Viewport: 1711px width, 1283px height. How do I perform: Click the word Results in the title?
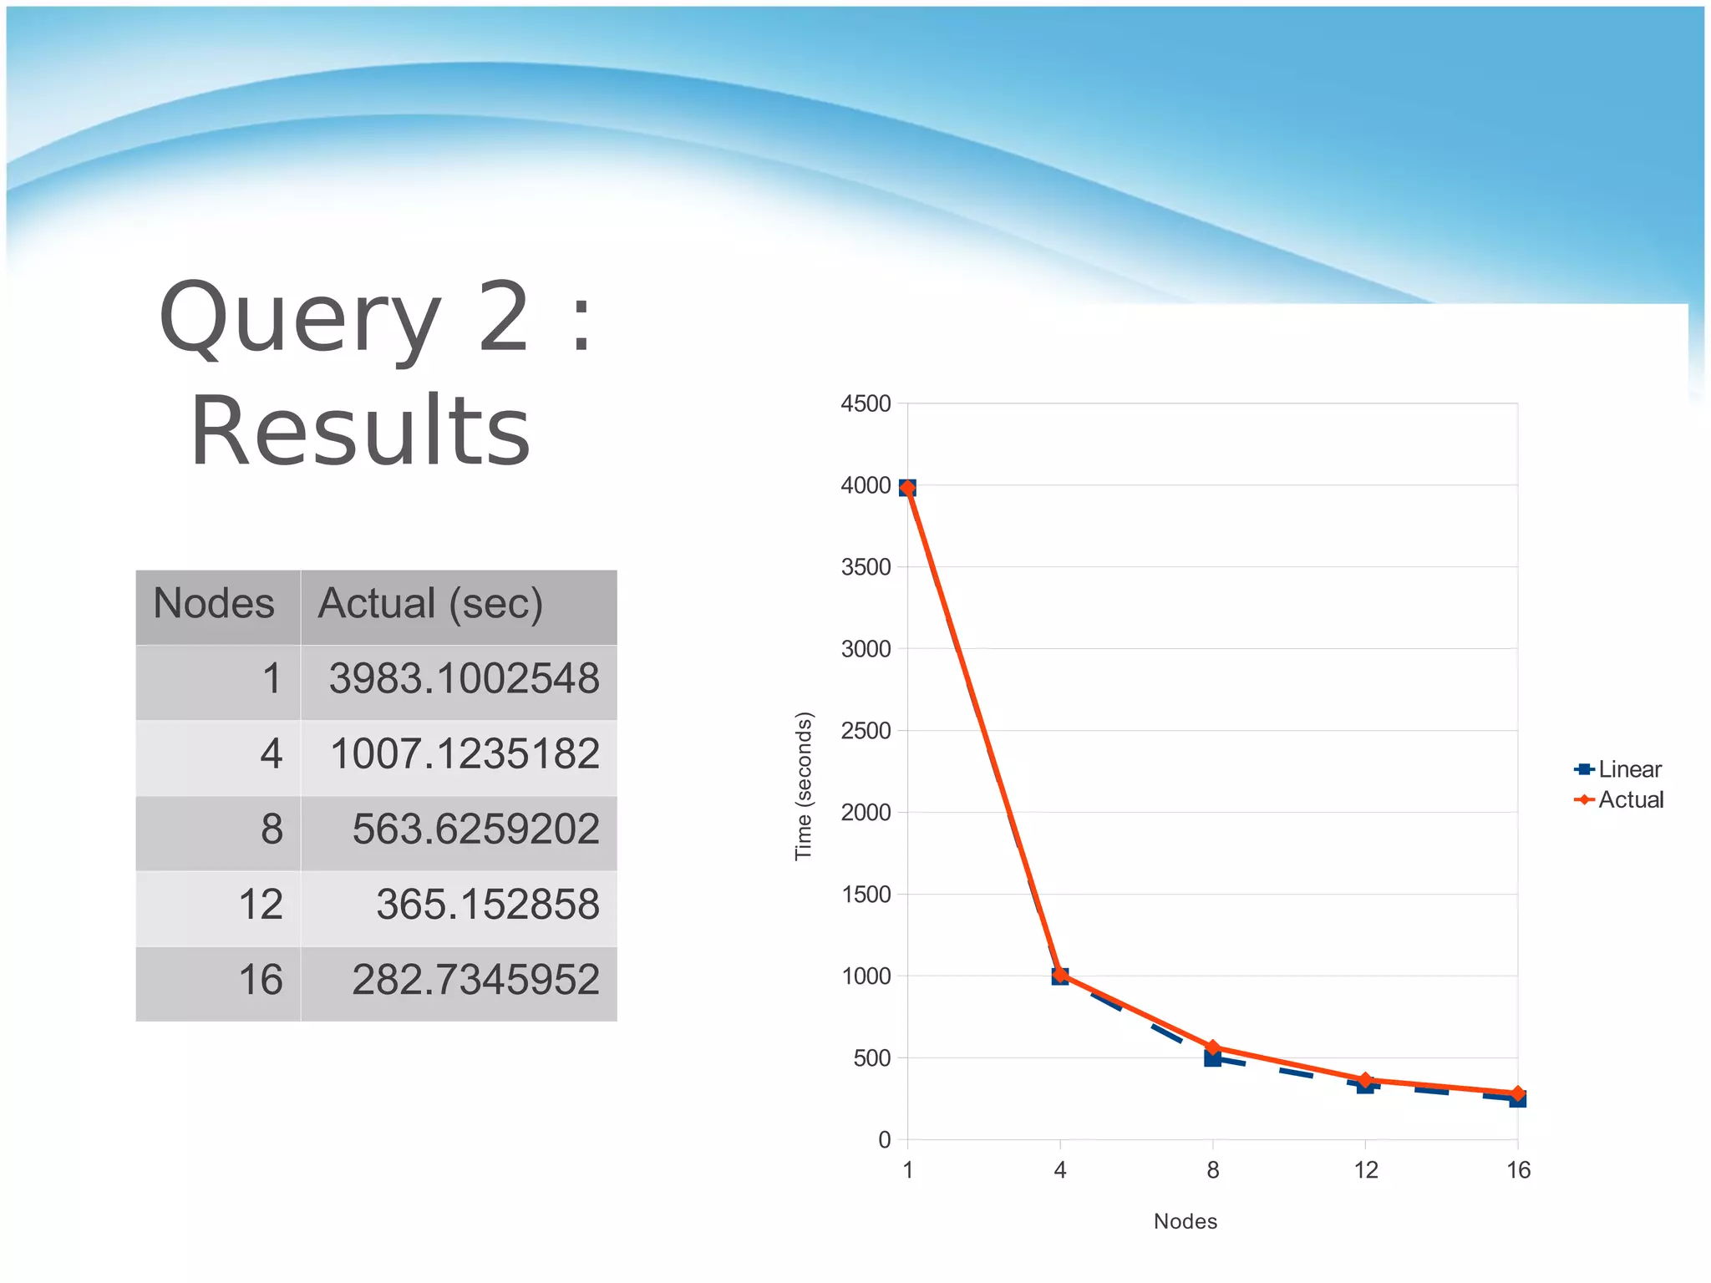[x=360, y=431]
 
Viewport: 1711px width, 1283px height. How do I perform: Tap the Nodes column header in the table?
[x=214, y=604]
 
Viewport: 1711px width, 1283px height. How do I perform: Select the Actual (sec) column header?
[x=430, y=604]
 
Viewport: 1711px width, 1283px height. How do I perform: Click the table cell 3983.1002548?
[x=464, y=678]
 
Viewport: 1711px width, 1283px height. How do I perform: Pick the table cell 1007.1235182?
[x=465, y=753]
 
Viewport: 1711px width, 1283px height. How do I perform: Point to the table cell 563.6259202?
[x=475, y=829]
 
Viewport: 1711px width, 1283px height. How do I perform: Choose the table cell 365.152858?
[x=487, y=905]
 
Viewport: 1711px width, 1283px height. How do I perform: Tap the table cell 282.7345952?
[x=475, y=980]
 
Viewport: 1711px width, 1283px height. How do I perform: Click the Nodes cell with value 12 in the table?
[x=261, y=905]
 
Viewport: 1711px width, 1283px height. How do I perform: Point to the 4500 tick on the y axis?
[x=866, y=403]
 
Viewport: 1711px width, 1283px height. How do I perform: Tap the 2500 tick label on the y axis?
[x=866, y=731]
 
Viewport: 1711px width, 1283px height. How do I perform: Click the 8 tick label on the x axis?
[x=1213, y=1170]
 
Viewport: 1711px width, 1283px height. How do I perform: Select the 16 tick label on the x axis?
[x=1518, y=1170]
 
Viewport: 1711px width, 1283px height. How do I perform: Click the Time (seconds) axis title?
[x=804, y=785]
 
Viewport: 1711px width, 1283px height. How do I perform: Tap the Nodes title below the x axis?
[x=1185, y=1221]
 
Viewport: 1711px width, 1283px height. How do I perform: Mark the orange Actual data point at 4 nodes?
[x=1060, y=974]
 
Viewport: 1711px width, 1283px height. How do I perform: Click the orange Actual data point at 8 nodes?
[x=1213, y=1047]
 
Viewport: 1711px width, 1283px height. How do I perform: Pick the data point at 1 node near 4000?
[x=908, y=488]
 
